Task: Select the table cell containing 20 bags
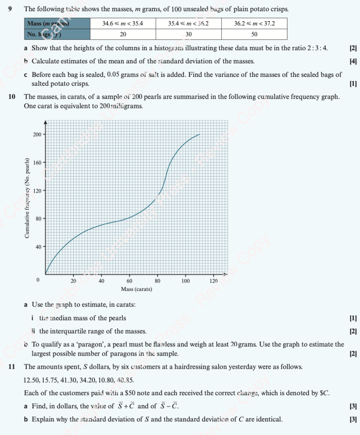pos(123,34)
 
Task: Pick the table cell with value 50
pos(254,34)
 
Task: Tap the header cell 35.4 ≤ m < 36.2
pos(188,24)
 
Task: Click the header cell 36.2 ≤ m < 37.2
pos(254,24)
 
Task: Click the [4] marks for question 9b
pos(353,62)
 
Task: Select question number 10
pos(12,97)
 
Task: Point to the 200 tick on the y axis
pos(37,134)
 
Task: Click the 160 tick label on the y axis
pos(37,162)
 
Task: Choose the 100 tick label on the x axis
pos(186,281)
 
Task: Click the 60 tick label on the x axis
pos(129,281)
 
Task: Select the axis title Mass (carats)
pos(136,289)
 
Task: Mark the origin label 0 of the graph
pos(38,281)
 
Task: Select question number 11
pos(12,367)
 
